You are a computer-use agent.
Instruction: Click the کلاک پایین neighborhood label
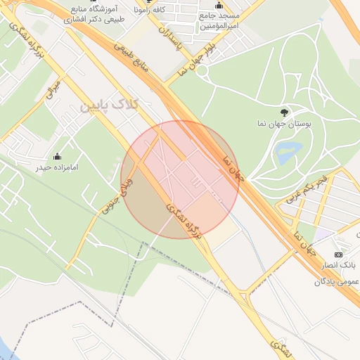(110, 105)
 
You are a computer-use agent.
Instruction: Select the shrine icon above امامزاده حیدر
(58, 156)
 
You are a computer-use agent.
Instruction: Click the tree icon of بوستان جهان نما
(284, 112)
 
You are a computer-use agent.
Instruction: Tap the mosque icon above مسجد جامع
(219, 6)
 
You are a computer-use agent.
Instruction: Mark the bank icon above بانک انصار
(338, 255)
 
